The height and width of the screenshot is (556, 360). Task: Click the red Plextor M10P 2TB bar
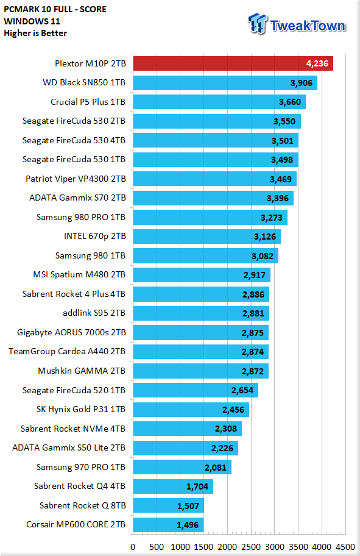[x=233, y=63]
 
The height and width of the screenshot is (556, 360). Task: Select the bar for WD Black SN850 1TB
[x=225, y=83]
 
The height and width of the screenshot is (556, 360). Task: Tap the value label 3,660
[x=290, y=102]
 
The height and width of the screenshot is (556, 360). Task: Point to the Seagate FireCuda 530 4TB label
[x=74, y=140]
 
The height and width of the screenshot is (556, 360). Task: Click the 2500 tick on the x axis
[x=251, y=547]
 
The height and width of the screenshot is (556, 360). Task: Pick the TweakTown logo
[x=297, y=24]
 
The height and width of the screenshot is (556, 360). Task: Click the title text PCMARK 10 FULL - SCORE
[x=55, y=9]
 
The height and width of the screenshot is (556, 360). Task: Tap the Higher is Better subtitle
[x=35, y=33]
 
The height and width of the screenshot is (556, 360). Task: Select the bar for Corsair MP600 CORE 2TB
[x=168, y=525]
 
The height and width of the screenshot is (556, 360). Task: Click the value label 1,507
[x=188, y=506]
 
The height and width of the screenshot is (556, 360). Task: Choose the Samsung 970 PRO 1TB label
[x=81, y=467]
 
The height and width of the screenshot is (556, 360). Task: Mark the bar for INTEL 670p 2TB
[x=207, y=237]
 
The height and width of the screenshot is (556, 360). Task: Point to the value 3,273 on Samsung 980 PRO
[x=272, y=218]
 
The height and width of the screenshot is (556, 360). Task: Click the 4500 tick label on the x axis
[x=345, y=547]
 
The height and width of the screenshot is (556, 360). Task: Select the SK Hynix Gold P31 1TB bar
[x=191, y=410]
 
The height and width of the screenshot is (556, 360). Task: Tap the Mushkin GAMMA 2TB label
[x=82, y=371]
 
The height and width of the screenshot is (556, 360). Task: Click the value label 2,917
[x=255, y=275]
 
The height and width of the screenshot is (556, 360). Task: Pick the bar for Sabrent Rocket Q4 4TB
[x=173, y=486]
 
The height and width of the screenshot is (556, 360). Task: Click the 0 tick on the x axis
[x=133, y=547]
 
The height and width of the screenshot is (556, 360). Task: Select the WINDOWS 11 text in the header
[x=32, y=21]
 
